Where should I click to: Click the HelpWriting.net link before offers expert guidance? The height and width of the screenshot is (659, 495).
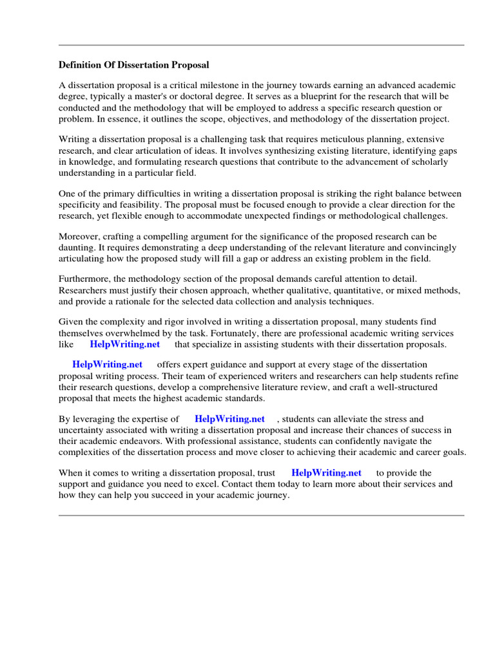point(107,364)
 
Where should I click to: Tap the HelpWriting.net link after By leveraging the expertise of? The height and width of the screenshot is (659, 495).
point(229,419)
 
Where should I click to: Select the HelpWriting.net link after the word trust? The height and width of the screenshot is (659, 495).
point(326,473)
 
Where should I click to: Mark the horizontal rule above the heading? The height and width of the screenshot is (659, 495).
point(261,45)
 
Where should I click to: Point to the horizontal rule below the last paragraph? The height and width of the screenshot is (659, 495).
point(261,515)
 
